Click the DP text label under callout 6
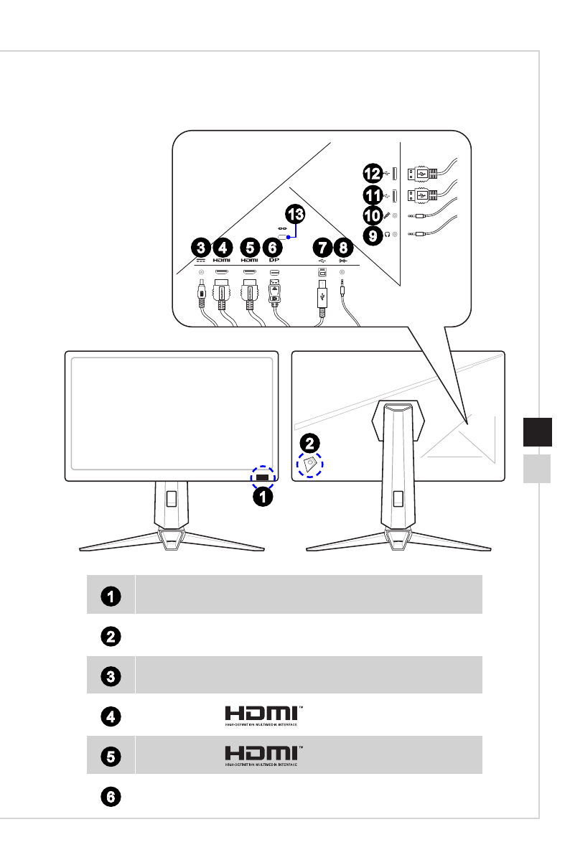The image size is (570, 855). [274, 260]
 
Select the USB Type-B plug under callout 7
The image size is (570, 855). [322, 294]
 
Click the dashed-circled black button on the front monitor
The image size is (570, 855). [262, 476]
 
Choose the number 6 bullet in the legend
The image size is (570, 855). [111, 797]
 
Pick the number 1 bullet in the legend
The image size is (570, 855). [111, 595]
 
